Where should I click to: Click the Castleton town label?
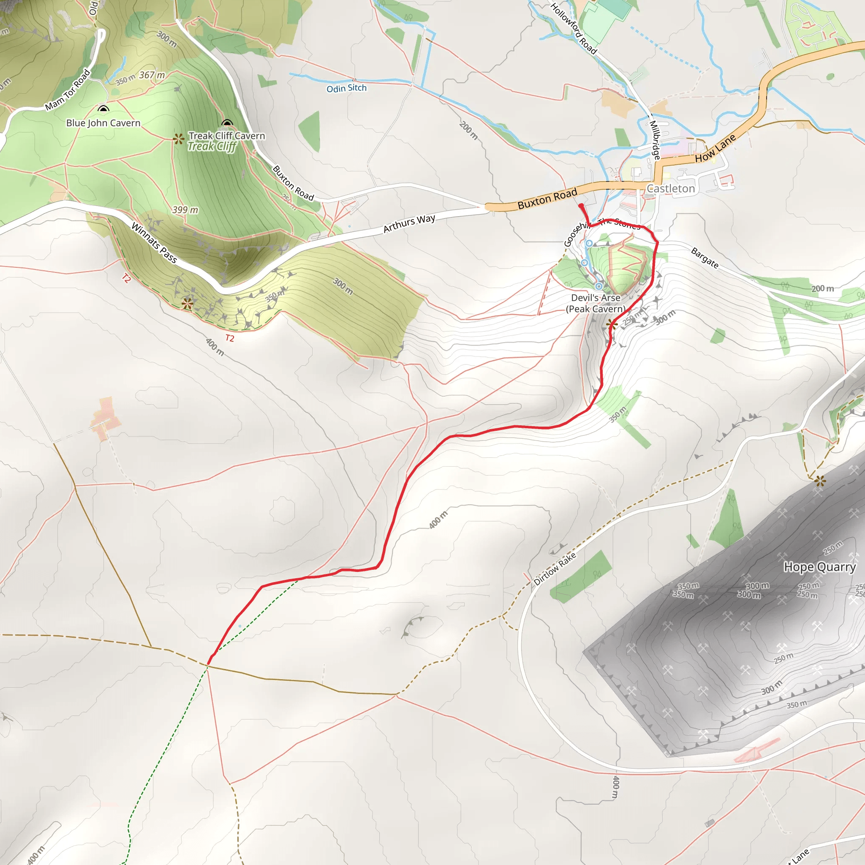pyautogui.click(x=670, y=188)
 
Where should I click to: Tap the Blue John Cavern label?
pyautogui.click(x=103, y=123)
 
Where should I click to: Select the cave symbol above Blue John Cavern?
pyautogui.click(x=103, y=109)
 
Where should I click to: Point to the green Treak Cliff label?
pyautogui.click(x=212, y=147)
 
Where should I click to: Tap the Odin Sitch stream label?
pyautogui.click(x=346, y=88)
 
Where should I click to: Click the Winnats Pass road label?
pyautogui.click(x=154, y=242)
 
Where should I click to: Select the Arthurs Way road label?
pyautogui.click(x=409, y=223)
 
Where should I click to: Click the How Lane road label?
pyautogui.click(x=715, y=149)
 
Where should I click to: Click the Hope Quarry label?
pyautogui.click(x=819, y=567)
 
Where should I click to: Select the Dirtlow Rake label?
pyautogui.click(x=555, y=569)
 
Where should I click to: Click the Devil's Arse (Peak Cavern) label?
pyautogui.click(x=596, y=303)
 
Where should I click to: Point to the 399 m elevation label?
pyautogui.click(x=185, y=209)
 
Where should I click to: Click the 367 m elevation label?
pyautogui.click(x=152, y=75)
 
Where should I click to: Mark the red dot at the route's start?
pyautogui.click(x=581, y=206)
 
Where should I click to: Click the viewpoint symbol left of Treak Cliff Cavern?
pyautogui.click(x=179, y=139)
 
